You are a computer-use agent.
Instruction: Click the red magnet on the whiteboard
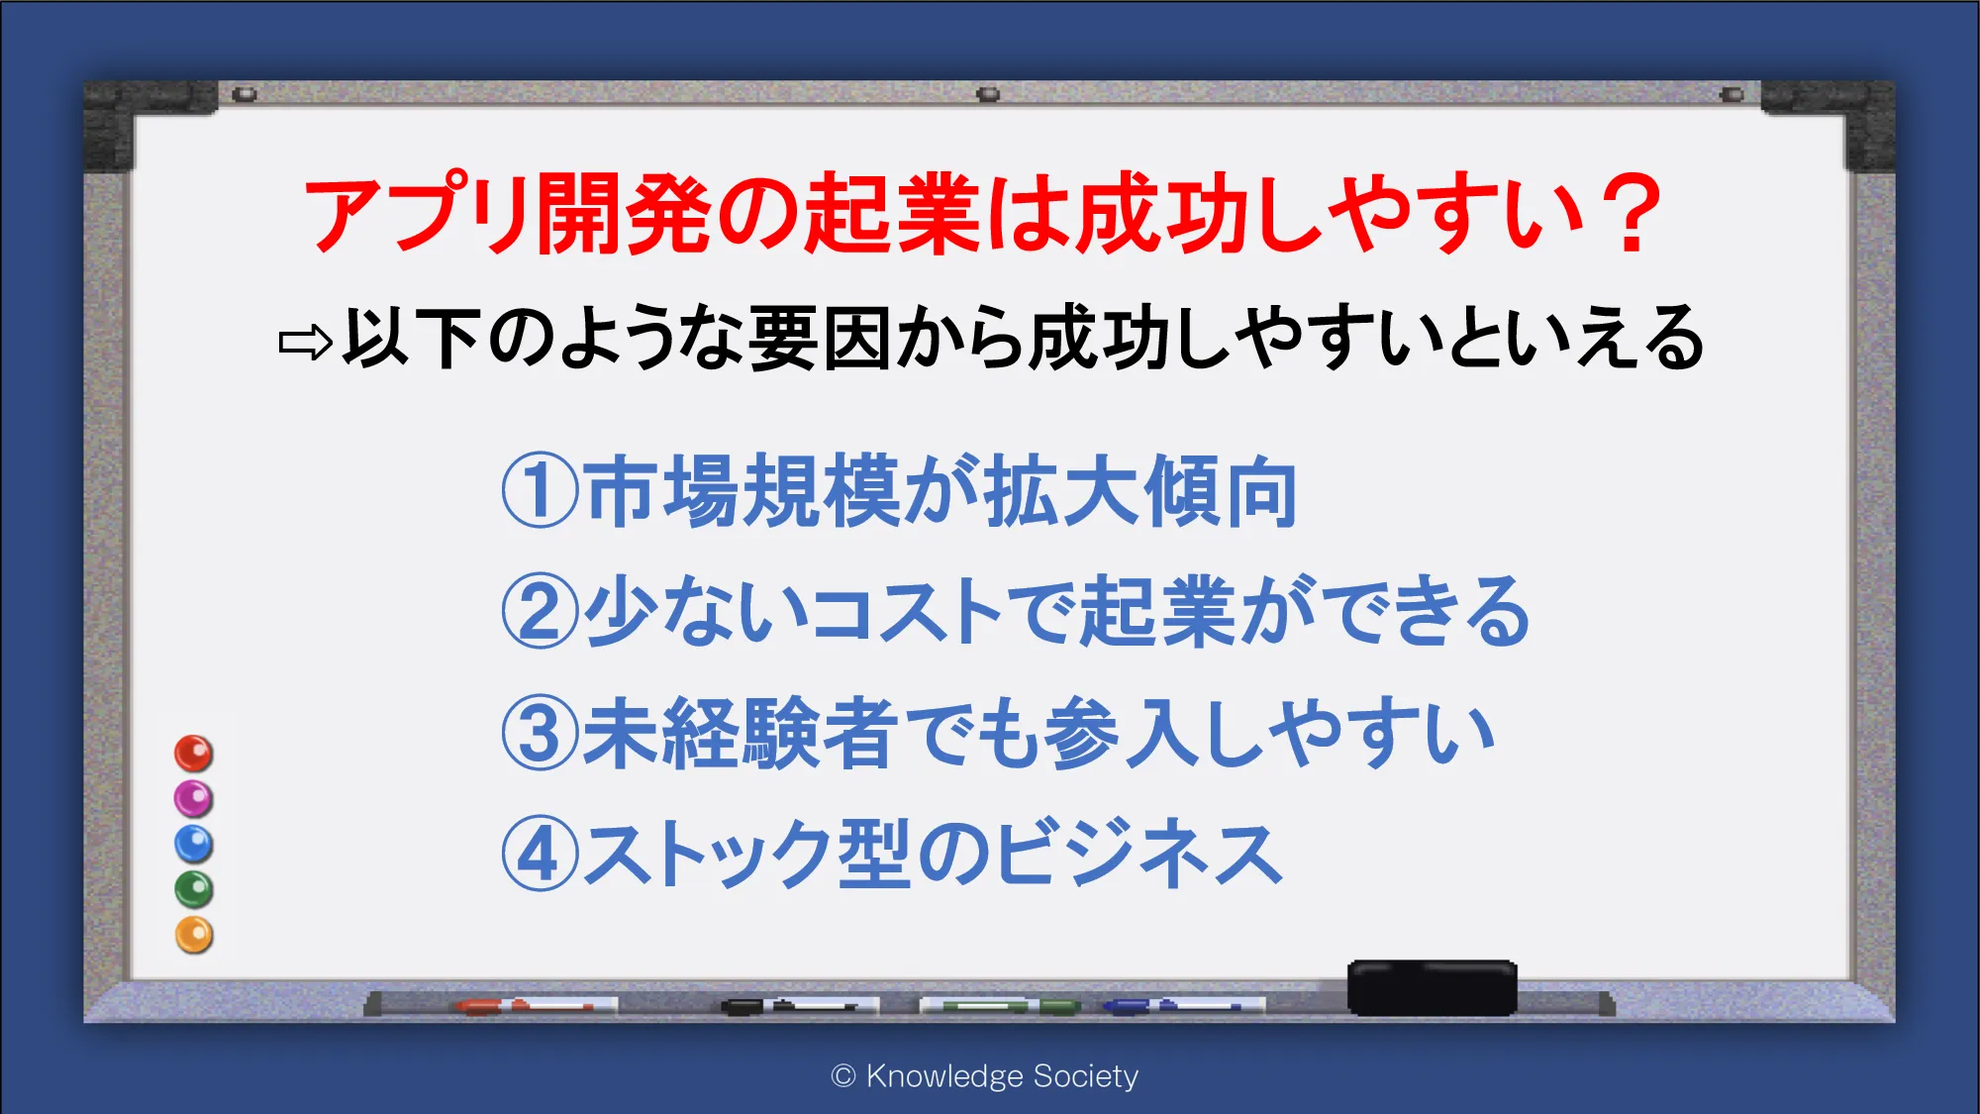194,754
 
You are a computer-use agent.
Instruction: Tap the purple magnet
194,799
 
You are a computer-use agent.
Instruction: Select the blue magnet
194,845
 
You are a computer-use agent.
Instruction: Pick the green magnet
194,890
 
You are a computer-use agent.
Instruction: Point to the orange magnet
194,936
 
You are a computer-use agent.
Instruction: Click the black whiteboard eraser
1433,987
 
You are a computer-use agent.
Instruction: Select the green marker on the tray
1000,1006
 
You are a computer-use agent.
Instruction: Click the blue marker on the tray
1184,1006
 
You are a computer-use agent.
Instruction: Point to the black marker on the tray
800,1006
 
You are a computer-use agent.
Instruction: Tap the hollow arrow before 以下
306,343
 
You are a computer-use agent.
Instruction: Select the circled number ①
540,490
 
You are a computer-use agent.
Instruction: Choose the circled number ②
540,611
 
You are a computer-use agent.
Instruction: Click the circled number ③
540,734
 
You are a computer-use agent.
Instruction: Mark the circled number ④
540,855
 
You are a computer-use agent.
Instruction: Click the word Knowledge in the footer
944,1076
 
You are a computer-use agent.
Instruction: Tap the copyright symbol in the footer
843,1076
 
